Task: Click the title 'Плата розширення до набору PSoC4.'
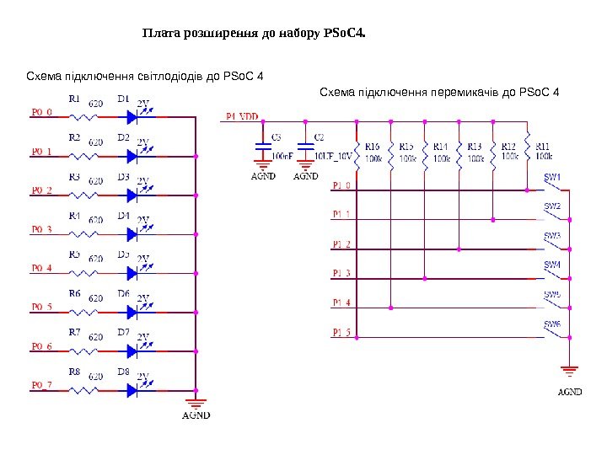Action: [x=254, y=35]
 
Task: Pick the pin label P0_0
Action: [x=42, y=111]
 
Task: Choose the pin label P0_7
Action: [x=42, y=385]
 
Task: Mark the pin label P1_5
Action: [x=342, y=332]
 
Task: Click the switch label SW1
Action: [x=552, y=178]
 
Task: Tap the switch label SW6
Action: [x=552, y=324]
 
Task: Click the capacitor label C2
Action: [x=318, y=136]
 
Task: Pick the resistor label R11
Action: [x=543, y=147]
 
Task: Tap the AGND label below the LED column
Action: [x=196, y=415]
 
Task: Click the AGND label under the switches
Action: [x=570, y=392]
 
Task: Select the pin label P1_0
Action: [x=342, y=185]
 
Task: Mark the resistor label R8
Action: [x=74, y=371]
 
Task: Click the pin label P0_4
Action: [x=42, y=269]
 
